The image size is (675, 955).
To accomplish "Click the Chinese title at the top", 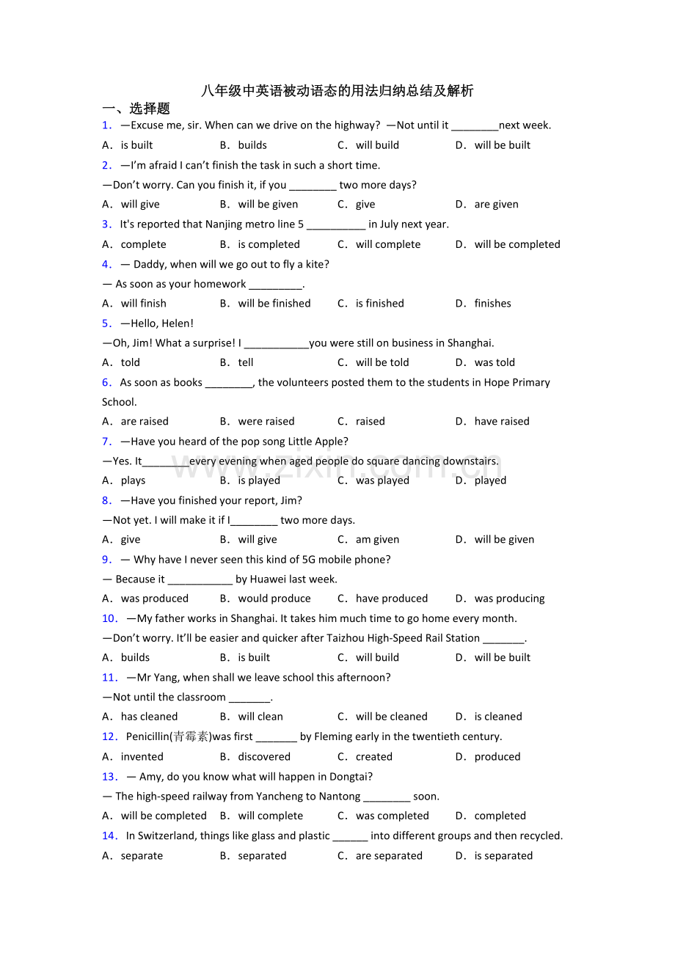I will point(337,91).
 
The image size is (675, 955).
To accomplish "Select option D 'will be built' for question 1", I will point(502,145).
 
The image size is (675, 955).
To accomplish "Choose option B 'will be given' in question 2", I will point(268,205).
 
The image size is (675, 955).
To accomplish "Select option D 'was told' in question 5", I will point(495,362).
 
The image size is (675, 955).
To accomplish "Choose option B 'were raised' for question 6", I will point(266,422).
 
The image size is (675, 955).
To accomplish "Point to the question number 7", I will point(107,442).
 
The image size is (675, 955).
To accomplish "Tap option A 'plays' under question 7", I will point(133,481).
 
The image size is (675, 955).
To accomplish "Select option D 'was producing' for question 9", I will point(509,599).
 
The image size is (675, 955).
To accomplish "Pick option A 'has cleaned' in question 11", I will point(149,717).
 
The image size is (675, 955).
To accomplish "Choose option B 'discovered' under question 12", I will point(264,757).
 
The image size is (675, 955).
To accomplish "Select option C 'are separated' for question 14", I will point(389,856).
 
